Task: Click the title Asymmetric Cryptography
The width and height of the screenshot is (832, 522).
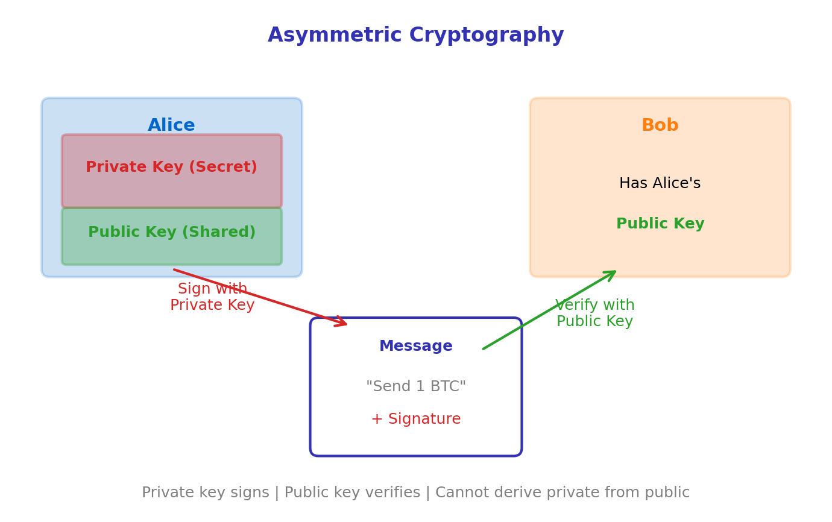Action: click(415, 36)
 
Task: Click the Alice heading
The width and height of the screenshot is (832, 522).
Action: click(172, 125)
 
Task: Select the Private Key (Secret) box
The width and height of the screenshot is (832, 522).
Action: click(172, 171)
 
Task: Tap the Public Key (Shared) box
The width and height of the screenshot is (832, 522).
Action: click(172, 236)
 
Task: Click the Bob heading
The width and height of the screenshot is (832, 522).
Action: click(660, 125)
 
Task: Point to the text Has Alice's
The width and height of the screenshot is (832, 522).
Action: click(660, 184)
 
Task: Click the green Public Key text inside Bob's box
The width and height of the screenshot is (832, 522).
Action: click(660, 224)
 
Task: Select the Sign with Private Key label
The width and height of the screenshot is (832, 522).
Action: click(212, 297)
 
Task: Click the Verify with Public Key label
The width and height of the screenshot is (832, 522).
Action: click(594, 313)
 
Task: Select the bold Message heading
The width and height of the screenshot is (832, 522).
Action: click(415, 347)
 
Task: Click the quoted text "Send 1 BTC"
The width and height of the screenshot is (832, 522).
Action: click(415, 387)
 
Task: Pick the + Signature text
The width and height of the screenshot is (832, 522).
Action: click(415, 420)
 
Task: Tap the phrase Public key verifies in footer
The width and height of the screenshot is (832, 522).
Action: click(352, 493)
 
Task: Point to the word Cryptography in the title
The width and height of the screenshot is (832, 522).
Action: click(487, 36)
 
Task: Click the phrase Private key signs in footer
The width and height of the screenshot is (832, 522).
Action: click(205, 493)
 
